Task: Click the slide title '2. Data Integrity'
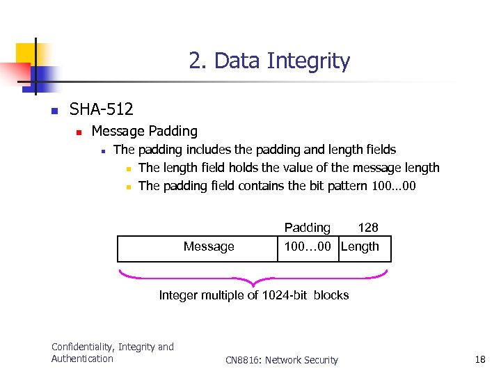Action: tap(269, 61)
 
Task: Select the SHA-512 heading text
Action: tap(101, 109)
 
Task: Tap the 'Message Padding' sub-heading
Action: tap(144, 131)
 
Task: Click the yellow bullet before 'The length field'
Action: tap(129, 169)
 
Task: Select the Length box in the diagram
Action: tap(365, 248)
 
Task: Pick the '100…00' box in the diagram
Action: tap(308, 247)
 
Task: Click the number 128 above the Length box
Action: tap(367, 228)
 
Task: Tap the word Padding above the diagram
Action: tap(307, 228)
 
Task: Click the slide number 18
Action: tap(479, 359)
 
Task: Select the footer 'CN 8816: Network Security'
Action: tap(282, 360)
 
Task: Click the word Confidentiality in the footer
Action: tap(83, 347)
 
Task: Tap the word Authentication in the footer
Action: tap(82, 359)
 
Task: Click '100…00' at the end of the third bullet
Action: tap(394, 186)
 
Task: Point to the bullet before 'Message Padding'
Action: tap(79, 132)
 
